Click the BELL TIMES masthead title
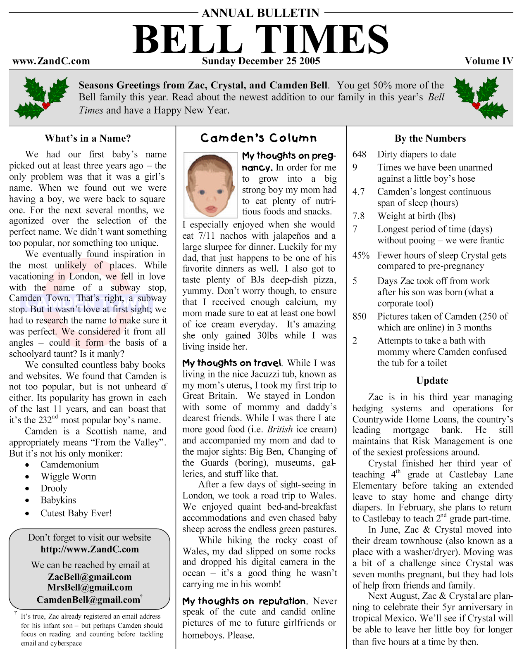[x=260, y=40]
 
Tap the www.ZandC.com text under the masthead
[x=51, y=62]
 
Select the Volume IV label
[x=488, y=62]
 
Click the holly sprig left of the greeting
[x=42, y=97]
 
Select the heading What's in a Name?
[x=88, y=138]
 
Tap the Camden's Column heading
[x=259, y=138]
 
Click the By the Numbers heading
[x=430, y=138]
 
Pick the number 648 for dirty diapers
[x=359, y=154]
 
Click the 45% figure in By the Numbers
[x=360, y=255]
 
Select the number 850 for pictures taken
[x=359, y=316]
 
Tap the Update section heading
[x=432, y=380]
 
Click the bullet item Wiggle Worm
[x=68, y=477]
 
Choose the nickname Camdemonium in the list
[x=69, y=465]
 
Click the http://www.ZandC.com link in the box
[x=90, y=549]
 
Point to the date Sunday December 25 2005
[x=261, y=62]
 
